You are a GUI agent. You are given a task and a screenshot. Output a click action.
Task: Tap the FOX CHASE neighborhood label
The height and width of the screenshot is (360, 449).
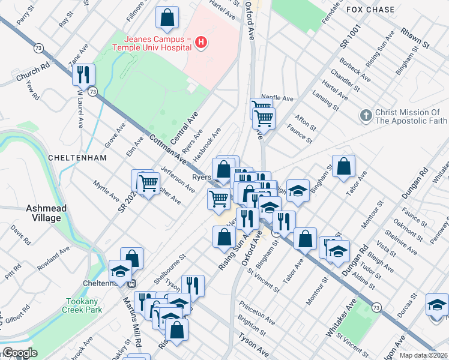[x=371, y=10]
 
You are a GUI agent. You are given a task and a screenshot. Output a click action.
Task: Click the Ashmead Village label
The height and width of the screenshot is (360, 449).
[x=43, y=213]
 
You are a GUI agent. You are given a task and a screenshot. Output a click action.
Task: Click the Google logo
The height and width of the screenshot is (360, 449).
[x=20, y=353]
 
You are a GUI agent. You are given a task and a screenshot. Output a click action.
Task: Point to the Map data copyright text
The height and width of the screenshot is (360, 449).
[x=423, y=355]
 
